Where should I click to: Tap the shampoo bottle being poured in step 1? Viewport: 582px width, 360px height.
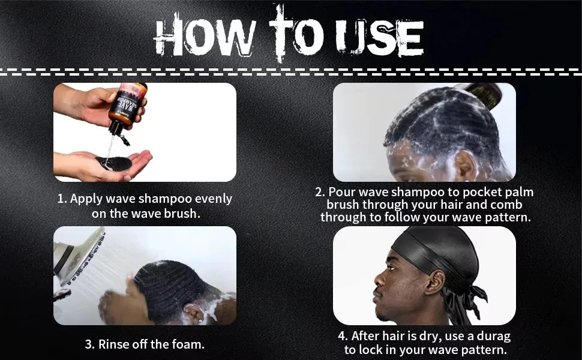coord(126,108)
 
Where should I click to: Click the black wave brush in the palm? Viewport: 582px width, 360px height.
coord(114,163)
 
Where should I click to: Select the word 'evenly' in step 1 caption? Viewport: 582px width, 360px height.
coord(214,199)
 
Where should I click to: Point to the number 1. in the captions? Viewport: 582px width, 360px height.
coord(62,199)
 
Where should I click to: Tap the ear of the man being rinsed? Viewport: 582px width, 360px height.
coord(194,313)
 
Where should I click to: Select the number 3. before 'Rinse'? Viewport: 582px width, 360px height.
coord(89,344)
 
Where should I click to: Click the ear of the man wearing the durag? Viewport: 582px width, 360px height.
coord(434,282)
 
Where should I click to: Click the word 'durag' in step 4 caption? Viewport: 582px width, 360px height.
coord(494,336)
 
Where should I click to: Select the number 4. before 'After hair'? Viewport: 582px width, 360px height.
coord(343,336)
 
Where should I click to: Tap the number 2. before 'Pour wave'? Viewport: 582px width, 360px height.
coord(320,192)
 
